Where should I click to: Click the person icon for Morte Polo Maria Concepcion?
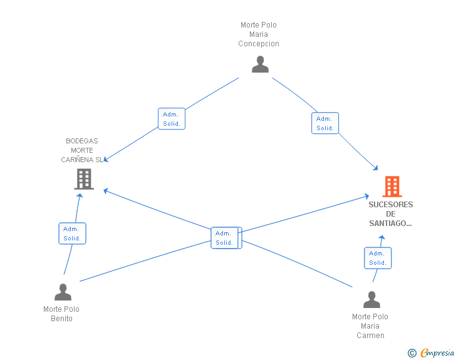[260, 64]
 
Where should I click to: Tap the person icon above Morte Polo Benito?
[63, 292]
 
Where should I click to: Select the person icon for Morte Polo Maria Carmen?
[371, 299]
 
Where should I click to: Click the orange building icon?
[392, 187]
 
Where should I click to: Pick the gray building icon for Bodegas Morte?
[84, 179]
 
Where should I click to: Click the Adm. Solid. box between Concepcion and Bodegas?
[172, 118]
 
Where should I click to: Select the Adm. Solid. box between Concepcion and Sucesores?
[325, 123]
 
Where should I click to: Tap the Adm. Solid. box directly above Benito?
[72, 233]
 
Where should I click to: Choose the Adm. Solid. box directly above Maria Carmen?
[378, 258]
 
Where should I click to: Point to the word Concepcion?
[259, 44]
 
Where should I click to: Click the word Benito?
[61, 319]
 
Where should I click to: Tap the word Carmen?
[371, 336]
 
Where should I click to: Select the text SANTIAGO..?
[390, 224]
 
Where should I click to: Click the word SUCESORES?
[391, 205]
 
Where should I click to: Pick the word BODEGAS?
[82, 141]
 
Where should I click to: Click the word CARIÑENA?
[77, 160]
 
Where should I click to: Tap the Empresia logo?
[437, 352]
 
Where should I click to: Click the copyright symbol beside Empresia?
[412, 353]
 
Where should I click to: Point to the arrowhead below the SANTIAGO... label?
[382, 237]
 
